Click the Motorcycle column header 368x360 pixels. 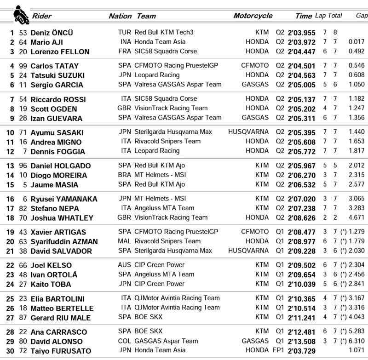click(x=253, y=16)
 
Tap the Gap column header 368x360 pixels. click(x=362, y=16)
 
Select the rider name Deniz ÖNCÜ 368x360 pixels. click(x=52, y=33)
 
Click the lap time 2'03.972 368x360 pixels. click(x=302, y=42)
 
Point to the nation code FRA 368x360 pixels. click(x=124, y=51)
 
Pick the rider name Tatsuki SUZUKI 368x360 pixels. click(x=57, y=75)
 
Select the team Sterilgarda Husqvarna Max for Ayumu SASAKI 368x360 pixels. click(x=173, y=132)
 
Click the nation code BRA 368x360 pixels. click(x=124, y=175)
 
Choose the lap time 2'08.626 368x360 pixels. click(x=302, y=218)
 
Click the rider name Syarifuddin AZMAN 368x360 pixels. click(x=64, y=241)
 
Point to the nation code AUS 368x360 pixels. click(x=124, y=265)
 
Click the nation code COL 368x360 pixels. click(x=124, y=341)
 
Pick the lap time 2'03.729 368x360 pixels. click(x=302, y=351)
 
